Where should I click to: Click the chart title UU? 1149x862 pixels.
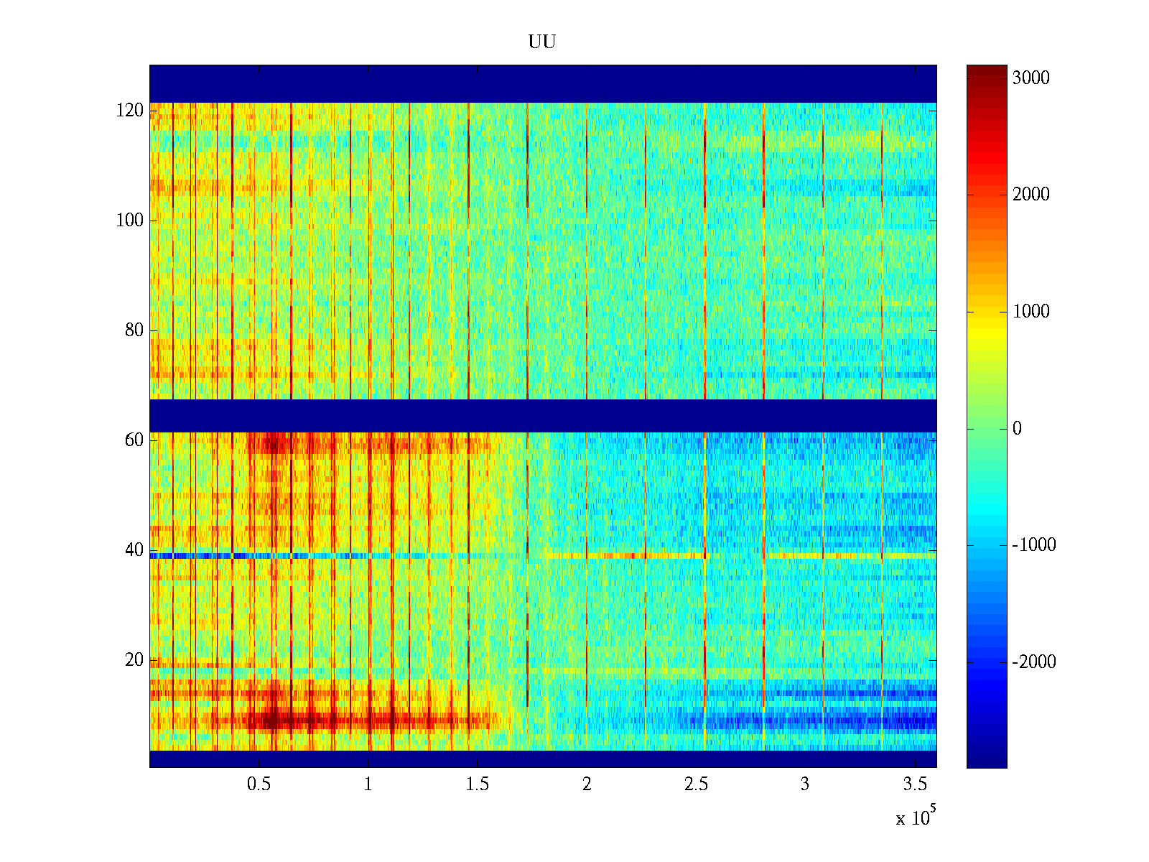point(542,42)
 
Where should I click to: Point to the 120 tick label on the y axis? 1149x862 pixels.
point(130,111)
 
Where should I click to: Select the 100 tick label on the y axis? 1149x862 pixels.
point(130,221)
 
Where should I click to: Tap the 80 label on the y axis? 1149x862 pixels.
point(134,330)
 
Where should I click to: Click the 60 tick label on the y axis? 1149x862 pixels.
point(134,440)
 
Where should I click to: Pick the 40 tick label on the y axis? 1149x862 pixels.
point(134,550)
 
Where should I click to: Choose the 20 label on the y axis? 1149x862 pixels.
point(134,660)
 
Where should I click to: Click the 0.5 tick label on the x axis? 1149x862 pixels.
point(259,784)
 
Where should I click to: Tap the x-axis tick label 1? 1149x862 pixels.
point(368,784)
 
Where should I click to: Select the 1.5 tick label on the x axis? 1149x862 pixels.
point(477,784)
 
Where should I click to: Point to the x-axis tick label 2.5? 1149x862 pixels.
point(696,784)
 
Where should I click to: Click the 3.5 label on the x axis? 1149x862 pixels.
point(914,784)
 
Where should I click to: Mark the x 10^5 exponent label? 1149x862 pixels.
point(916,817)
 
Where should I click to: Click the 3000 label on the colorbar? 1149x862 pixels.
point(1031,78)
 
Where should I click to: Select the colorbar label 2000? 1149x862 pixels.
point(1031,195)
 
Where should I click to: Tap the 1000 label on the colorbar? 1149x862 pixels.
point(1031,312)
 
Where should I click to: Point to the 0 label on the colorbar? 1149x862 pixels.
point(1017,429)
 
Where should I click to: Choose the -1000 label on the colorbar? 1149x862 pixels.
point(1034,545)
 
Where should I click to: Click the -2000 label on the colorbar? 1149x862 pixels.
point(1034,662)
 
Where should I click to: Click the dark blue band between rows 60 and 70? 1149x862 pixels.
point(543,415)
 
